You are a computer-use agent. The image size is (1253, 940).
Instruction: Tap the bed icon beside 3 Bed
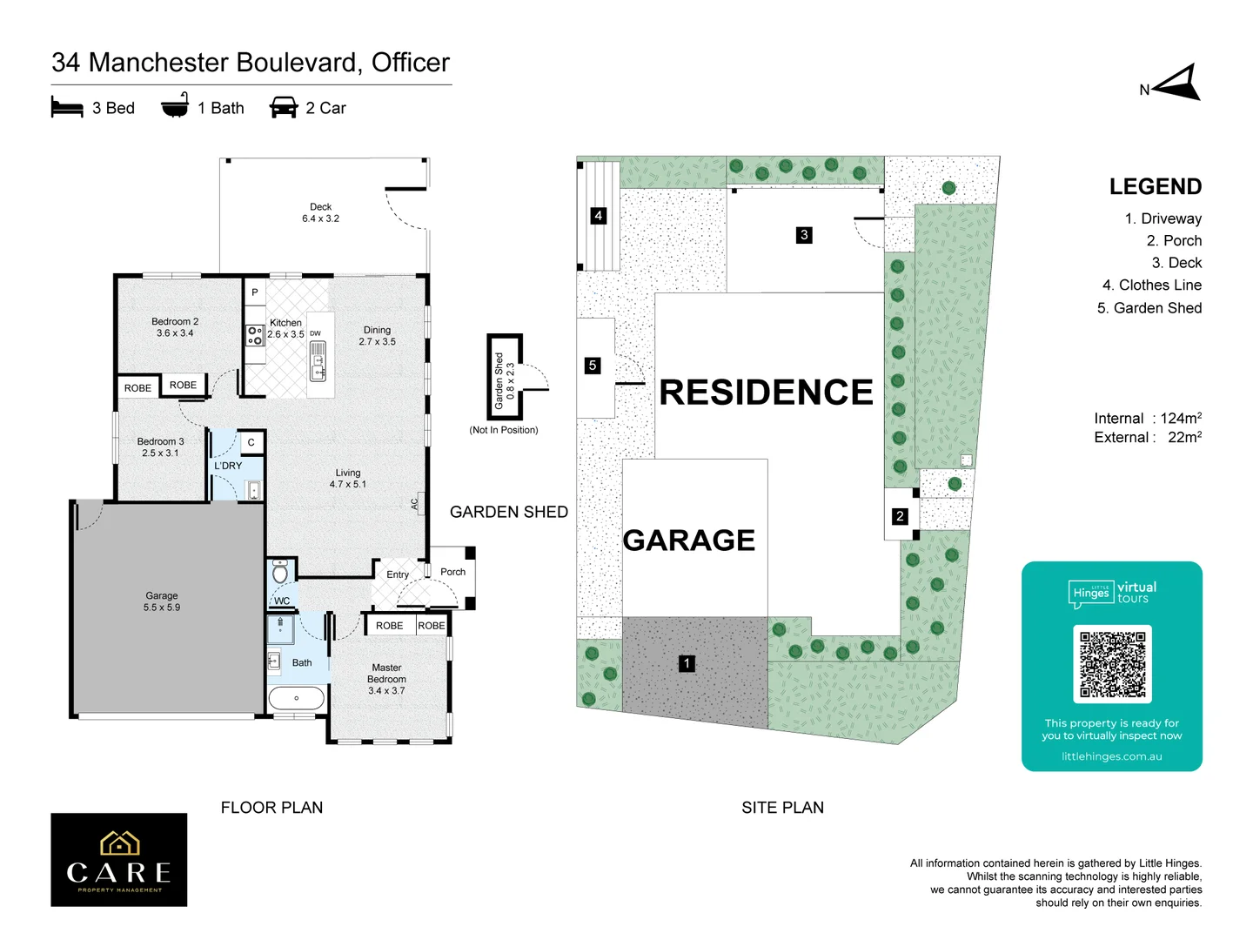(x=67, y=108)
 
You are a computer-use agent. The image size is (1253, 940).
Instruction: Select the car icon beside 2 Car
(x=284, y=108)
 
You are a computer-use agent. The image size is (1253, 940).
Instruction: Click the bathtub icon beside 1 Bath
(x=175, y=106)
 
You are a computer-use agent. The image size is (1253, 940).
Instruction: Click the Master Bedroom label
(x=386, y=679)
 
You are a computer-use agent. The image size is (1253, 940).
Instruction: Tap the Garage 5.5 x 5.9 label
(x=162, y=601)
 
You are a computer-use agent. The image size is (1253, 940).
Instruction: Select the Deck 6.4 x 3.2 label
(x=320, y=212)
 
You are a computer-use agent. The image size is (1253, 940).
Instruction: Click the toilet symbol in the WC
(x=280, y=574)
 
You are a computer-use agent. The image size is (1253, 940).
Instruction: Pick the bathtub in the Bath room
(x=297, y=698)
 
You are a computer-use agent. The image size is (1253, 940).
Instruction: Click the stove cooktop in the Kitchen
(x=255, y=335)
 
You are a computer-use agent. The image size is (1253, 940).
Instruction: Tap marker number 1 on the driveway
(x=687, y=664)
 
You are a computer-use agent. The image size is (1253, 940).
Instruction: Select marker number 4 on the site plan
(x=598, y=216)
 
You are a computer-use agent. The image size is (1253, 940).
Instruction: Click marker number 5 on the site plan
(x=593, y=366)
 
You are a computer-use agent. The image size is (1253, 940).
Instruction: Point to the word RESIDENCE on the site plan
(x=766, y=393)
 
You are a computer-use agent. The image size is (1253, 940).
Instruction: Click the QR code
(x=1112, y=664)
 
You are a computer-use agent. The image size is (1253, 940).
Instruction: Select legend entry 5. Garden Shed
(x=1149, y=308)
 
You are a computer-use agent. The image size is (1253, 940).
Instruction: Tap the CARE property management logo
(x=119, y=860)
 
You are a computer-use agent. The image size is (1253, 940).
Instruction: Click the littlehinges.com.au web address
(x=1111, y=756)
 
